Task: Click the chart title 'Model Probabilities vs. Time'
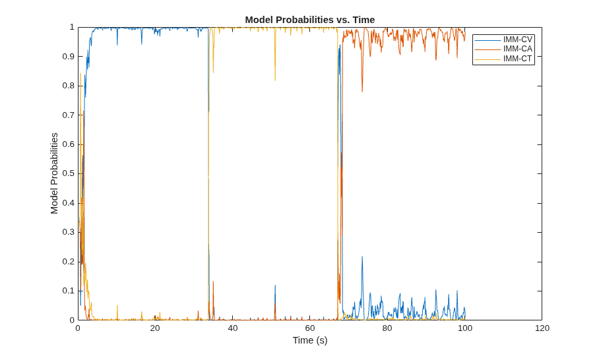pos(310,20)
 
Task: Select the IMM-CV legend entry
pos(503,40)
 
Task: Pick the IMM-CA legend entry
pos(503,49)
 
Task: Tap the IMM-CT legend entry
pos(503,59)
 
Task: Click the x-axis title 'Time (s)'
pos(310,340)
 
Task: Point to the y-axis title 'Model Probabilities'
pos(54,173)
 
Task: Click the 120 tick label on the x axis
pos(542,328)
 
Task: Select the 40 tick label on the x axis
pos(233,328)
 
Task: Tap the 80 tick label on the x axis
pos(387,328)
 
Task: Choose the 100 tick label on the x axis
pos(465,328)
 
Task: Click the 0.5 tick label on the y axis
pos(68,173)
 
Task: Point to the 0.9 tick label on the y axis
pos(68,57)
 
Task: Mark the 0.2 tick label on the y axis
pos(68,262)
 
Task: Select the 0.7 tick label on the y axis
pos(68,115)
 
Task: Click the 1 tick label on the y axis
pos(72,27)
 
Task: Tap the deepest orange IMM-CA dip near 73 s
pos(362,92)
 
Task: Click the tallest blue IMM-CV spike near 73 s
pos(362,257)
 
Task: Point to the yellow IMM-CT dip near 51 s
pos(275,80)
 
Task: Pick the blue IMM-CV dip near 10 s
pos(117,45)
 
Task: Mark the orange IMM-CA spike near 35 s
pos(213,282)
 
